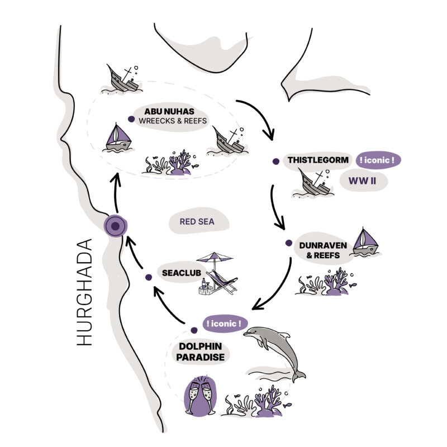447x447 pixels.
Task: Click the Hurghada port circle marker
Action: (115, 226)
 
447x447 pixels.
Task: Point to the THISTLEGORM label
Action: (318, 160)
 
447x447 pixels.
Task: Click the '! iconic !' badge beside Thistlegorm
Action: (378, 160)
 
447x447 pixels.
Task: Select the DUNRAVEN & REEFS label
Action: (323, 249)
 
